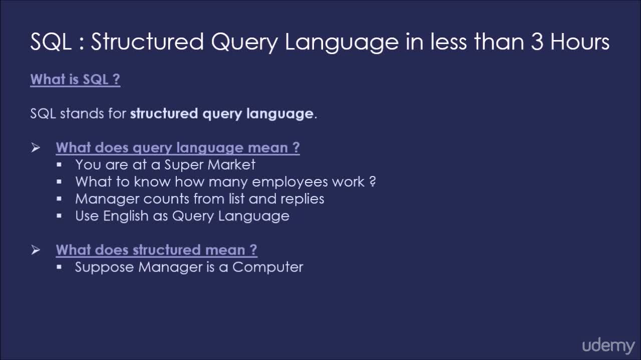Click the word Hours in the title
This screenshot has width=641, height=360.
[579, 42]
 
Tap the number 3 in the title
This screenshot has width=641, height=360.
[537, 42]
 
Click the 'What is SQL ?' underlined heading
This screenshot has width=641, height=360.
[75, 79]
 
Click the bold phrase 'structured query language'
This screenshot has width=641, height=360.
[221, 114]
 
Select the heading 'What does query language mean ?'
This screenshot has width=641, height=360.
[178, 148]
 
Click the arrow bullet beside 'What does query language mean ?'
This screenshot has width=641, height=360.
[36, 148]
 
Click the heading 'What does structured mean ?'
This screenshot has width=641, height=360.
[156, 250]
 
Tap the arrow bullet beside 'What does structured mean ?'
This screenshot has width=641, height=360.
[36, 250]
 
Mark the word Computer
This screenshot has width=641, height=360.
[267, 267]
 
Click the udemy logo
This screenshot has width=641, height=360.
[608, 345]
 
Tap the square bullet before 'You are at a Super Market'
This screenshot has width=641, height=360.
[59, 165]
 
